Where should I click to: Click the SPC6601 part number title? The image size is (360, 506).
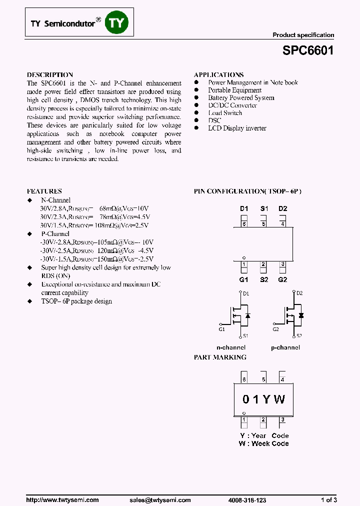[308, 51]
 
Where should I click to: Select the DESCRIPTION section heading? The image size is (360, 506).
[50, 74]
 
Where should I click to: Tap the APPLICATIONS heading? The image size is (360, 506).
[218, 74]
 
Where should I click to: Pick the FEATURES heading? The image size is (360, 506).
[44, 191]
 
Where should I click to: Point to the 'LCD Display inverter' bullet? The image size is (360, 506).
[237, 128]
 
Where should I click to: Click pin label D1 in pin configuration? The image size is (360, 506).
[244, 208]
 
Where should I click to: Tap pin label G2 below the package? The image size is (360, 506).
[283, 279]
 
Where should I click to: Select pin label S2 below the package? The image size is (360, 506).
[263, 279]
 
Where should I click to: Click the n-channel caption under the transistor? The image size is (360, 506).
[230, 347]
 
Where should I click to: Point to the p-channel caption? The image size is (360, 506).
[285, 347]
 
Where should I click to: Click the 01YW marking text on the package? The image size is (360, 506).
[263, 399]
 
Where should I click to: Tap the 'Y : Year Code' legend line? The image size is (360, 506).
[264, 435]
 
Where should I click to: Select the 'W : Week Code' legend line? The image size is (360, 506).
[264, 443]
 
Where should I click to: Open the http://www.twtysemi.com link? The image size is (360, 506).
[62, 500]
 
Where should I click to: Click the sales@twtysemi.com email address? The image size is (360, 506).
[160, 500]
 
